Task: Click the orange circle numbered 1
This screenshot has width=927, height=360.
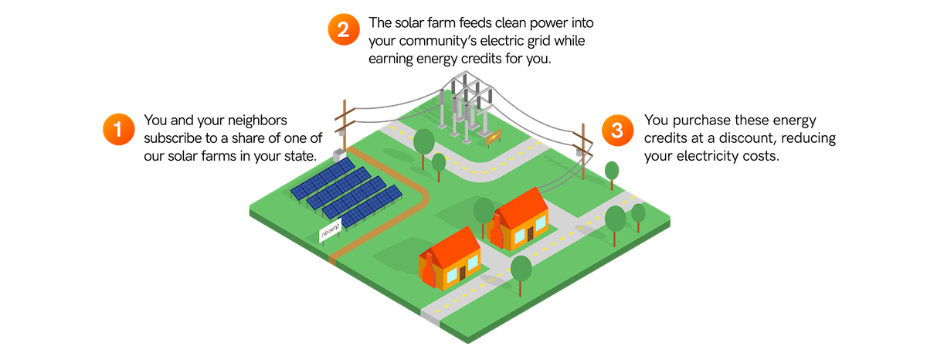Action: [118, 130]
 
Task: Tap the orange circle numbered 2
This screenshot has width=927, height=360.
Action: [343, 30]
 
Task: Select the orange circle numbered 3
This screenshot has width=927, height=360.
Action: [616, 130]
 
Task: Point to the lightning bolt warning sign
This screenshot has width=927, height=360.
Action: [492, 138]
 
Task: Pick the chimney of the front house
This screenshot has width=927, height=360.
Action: [426, 267]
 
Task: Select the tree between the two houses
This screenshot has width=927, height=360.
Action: [484, 212]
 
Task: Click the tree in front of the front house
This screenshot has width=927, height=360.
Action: [521, 270]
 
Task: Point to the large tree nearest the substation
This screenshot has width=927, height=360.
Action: [424, 143]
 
